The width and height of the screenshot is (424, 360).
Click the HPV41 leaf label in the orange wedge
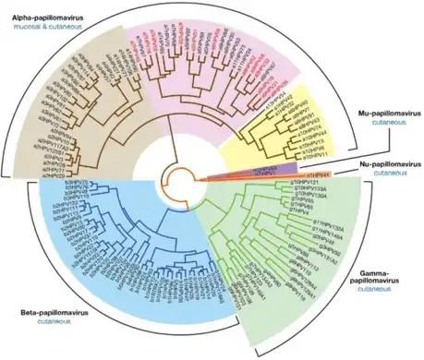[318, 173]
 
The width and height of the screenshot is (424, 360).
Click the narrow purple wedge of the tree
[277, 168]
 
